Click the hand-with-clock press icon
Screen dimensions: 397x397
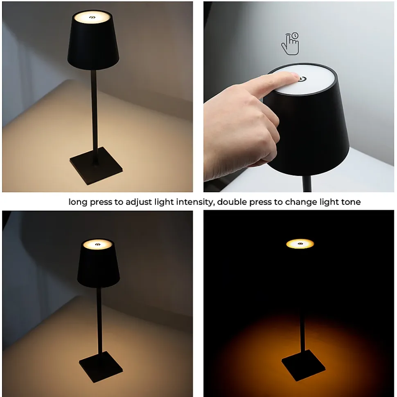pyautogui.click(x=290, y=44)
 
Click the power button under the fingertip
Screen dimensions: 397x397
pyautogui.click(x=302, y=79)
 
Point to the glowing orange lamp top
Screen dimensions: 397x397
pyautogui.click(x=300, y=244)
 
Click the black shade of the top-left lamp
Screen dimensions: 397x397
pyautogui.click(x=93, y=45)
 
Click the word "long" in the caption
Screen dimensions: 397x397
pyautogui.click(x=78, y=202)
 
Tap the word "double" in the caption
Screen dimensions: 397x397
pyautogui.click(x=232, y=202)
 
